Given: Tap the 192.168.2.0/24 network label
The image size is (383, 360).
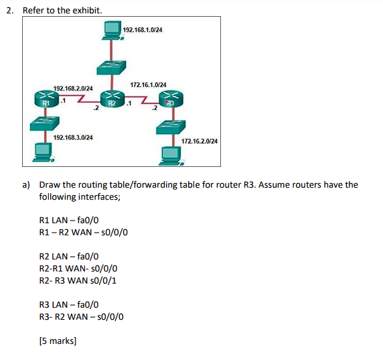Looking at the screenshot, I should point(73,88).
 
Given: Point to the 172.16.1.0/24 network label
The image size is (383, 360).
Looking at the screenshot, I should point(148,85).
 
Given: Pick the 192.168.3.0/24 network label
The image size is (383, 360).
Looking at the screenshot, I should point(73,137).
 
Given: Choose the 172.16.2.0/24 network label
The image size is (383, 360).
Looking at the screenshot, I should point(200,142).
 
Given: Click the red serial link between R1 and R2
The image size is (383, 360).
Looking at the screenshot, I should point(78,101).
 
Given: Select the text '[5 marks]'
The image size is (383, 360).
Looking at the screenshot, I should point(58,341).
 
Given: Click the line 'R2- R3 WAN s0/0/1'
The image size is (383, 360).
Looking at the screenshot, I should point(78,280).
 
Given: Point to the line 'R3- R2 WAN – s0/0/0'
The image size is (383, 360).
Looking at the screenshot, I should point(82,316).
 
